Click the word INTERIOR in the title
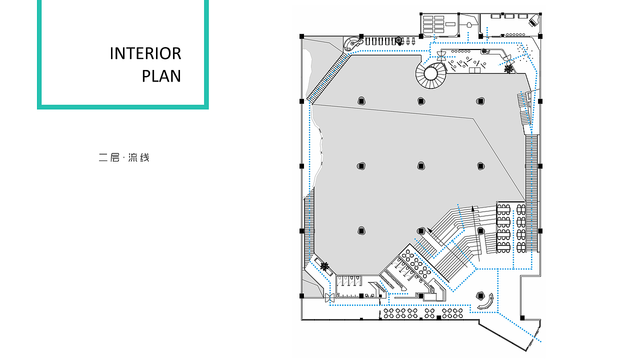(x=145, y=53)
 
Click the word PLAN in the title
(x=161, y=76)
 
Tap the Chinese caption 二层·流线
(x=124, y=157)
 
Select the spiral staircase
(x=431, y=74)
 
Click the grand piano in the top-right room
(x=535, y=20)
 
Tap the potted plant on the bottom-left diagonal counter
(x=324, y=266)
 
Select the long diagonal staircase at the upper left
(x=328, y=78)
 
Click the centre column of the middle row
(x=421, y=166)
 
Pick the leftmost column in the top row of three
(x=361, y=101)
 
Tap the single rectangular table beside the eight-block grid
(x=450, y=24)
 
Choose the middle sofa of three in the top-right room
(x=509, y=16)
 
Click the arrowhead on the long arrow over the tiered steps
(x=472, y=208)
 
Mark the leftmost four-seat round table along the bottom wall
(x=388, y=313)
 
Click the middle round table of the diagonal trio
(x=416, y=263)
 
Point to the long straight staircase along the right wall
(x=531, y=193)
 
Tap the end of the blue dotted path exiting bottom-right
(x=540, y=341)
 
